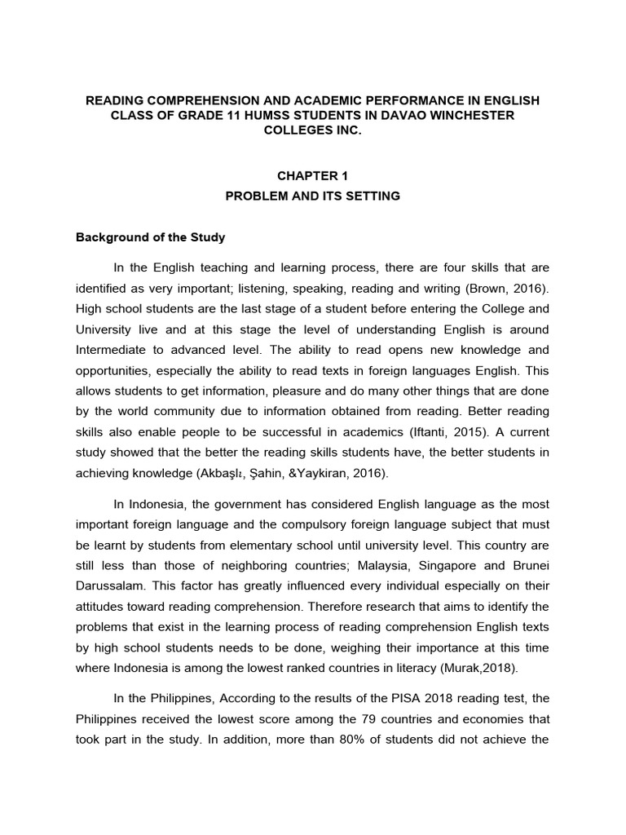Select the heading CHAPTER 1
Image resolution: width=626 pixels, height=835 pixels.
(312, 175)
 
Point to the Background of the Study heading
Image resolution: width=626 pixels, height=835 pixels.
(150, 238)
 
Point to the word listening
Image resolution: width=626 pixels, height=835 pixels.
(269, 288)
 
